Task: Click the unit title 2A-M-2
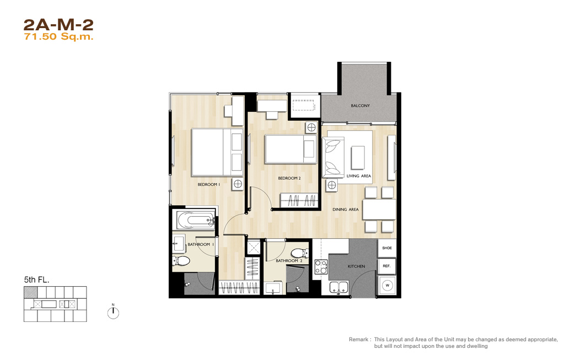pos(58,25)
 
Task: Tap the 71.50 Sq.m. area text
pos(58,37)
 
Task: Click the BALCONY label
pos(361,105)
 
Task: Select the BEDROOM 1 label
pos(209,184)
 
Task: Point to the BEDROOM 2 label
pos(289,178)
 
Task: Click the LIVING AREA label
pos(359,176)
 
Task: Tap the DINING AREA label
pos(345,209)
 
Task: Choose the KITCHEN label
pos(356,266)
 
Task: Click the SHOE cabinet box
pos(387,248)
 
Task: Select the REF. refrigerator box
pos(387,266)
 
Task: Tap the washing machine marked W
pos(387,286)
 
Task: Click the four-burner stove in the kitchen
pos(321,267)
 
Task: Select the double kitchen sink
pos(339,287)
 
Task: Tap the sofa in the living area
pos(333,157)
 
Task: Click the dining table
pos(379,210)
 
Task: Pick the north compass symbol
pos(113,312)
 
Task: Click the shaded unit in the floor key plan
pos(30,292)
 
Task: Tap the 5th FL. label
pos(36,280)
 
